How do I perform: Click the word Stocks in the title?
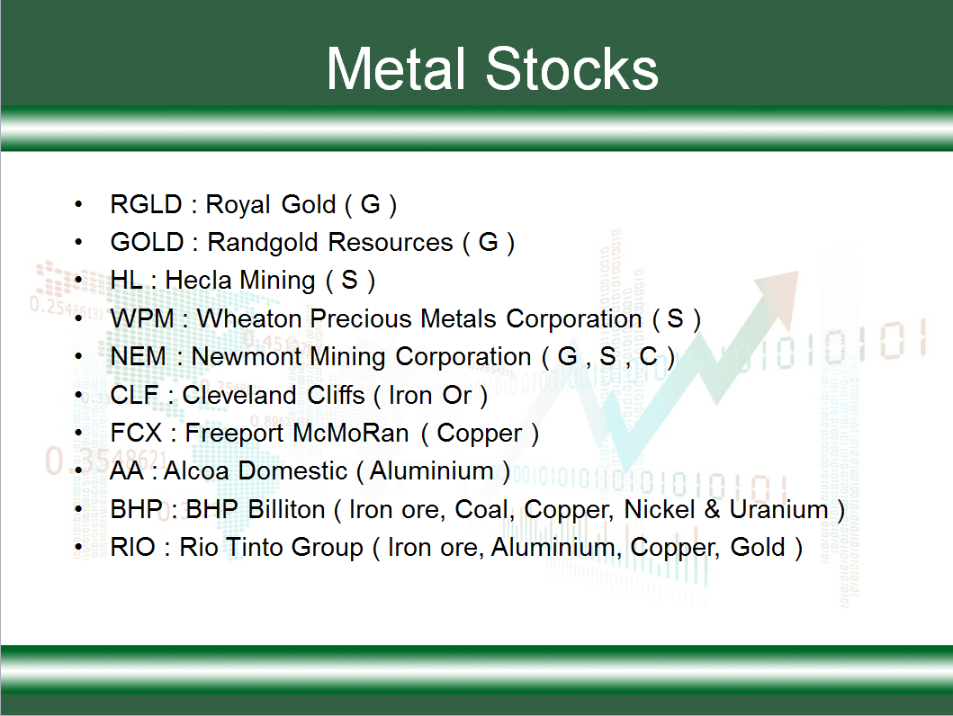pyautogui.click(x=572, y=68)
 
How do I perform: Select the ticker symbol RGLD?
pyautogui.click(x=146, y=205)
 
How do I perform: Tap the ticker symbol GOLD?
pyautogui.click(x=147, y=242)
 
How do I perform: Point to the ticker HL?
pyautogui.click(x=126, y=281)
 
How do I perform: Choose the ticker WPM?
pyautogui.click(x=142, y=318)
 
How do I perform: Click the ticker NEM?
pyautogui.click(x=138, y=356)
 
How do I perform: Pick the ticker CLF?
pyautogui.click(x=134, y=395)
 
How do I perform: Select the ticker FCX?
pyautogui.click(x=136, y=433)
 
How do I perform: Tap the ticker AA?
pyautogui.click(x=126, y=470)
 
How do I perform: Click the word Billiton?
pyautogui.click(x=286, y=509)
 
